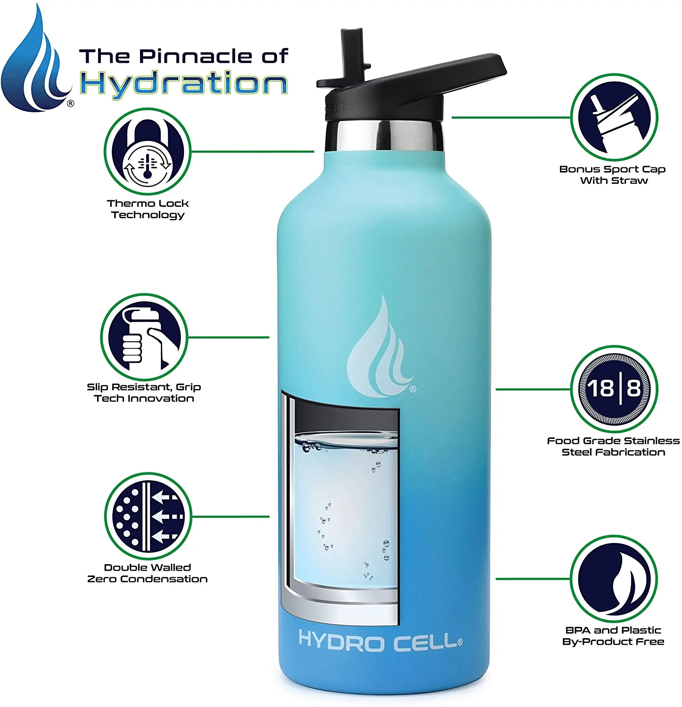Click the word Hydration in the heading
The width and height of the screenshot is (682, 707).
183,84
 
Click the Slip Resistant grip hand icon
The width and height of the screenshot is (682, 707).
144,337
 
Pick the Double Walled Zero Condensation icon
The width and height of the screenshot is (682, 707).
148,517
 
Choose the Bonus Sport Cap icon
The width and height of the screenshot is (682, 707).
614,117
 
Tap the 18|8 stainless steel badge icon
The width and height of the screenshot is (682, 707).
614,389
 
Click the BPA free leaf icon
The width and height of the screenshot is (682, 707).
614,578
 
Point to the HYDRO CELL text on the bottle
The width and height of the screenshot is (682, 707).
380,641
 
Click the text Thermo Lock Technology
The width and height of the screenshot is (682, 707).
148,209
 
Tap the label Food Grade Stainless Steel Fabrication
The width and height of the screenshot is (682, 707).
613,446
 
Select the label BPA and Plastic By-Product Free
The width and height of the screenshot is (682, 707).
613,636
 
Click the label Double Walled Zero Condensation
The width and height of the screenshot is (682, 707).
148,573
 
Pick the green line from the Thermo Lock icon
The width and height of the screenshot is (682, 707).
252,152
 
